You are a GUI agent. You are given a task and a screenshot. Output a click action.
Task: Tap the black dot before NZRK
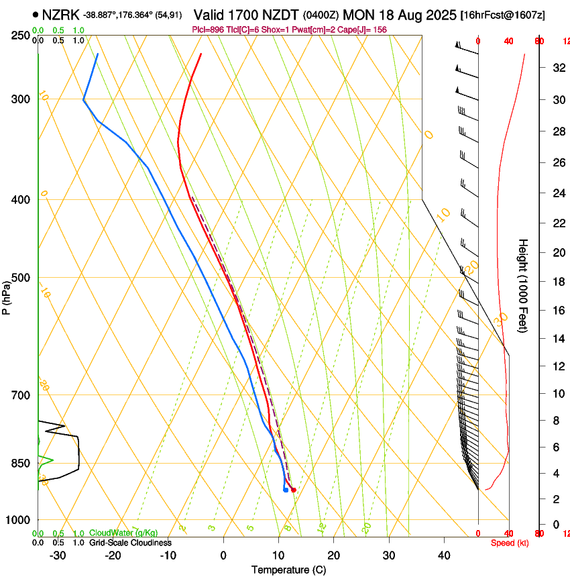[34, 14]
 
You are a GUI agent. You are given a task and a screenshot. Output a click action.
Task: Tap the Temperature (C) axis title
[288, 570]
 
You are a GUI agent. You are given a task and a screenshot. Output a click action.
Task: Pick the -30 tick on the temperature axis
[58, 556]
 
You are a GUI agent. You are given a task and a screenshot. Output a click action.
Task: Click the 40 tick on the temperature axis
[444, 556]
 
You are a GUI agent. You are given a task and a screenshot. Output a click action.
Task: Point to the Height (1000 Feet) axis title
[523, 285]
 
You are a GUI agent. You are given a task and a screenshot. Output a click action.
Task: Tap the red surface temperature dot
[294, 490]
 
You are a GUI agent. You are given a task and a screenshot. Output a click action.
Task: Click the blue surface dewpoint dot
[286, 490]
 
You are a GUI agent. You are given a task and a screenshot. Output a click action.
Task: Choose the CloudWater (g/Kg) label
[123, 533]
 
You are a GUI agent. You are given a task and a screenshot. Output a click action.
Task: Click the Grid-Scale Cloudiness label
[130, 542]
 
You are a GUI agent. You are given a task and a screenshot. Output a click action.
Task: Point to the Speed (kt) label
[509, 543]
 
